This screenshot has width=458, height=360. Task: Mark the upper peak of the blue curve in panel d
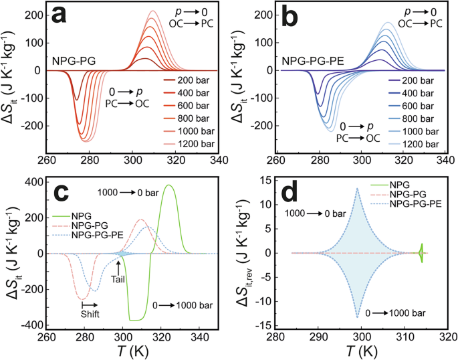coord(358,188)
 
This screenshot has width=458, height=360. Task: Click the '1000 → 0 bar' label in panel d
coord(314,213)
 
